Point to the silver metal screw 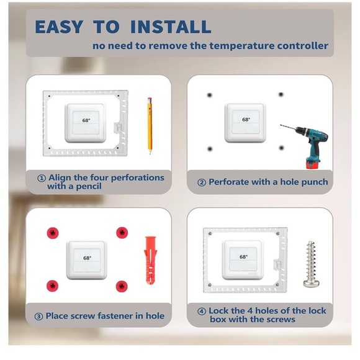pyautogui.click(x=312, y=264)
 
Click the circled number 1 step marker pyautogui.click(x=42, y=178)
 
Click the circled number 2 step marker pyautogui.click(x=202, y=182)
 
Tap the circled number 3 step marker pyautogui.click(x=39, y=316)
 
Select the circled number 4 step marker pyautogui.click(x=202, y=312)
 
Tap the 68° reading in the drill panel pyautogui.click(x=246, y=119)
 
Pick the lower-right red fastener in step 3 pyautogui.click(x=122, y=286)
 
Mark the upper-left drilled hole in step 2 pyautogui.click(x=210, y=95)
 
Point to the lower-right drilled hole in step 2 pyautogui.click(x=281, y=148)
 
